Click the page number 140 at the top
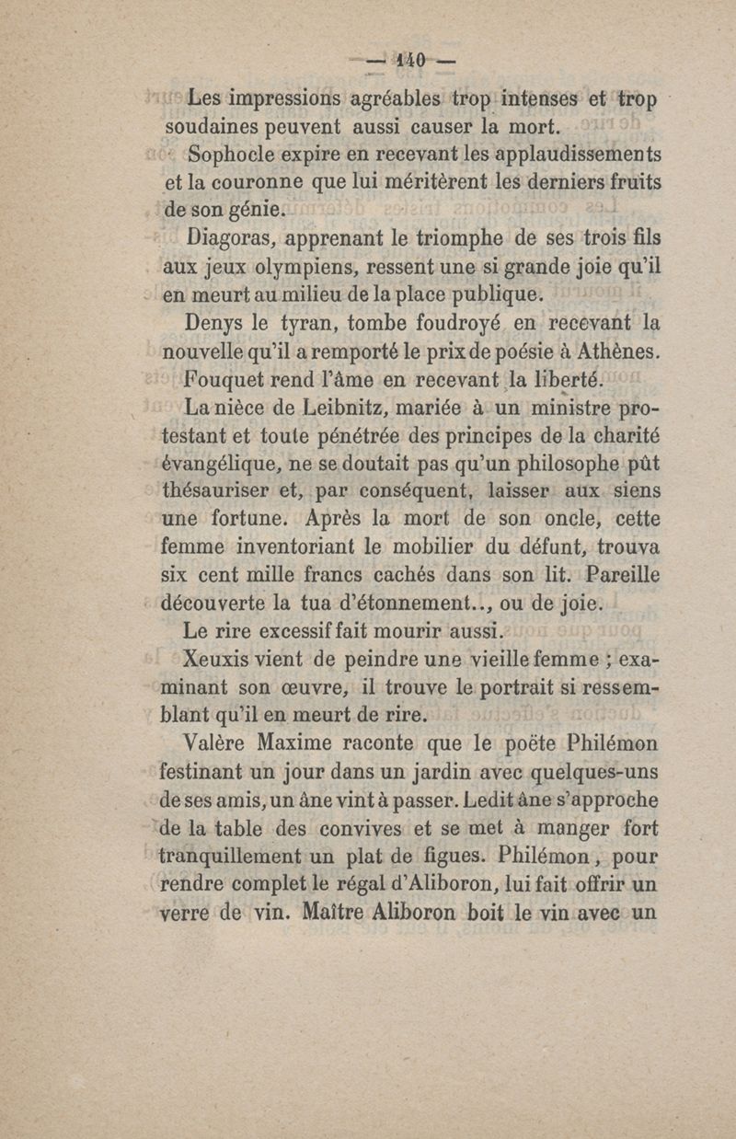(x=405, y=63)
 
